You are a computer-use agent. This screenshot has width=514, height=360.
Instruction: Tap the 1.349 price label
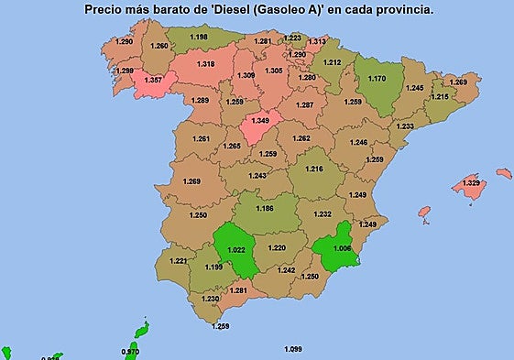pos(260,120)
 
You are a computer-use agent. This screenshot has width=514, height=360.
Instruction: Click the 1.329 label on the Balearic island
pos(471,183)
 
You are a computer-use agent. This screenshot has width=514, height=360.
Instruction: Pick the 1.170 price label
pos(377,79)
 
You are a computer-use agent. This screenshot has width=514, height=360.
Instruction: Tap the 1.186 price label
pos(265,209)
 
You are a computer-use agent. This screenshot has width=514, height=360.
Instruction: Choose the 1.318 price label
pos(206,64)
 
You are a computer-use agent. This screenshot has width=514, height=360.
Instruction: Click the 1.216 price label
pos(314,169)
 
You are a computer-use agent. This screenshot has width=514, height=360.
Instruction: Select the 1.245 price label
pos(414,88)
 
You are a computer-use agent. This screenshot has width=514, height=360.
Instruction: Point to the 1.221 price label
pos(179,261)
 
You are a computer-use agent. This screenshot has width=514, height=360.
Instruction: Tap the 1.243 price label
pos(257,176)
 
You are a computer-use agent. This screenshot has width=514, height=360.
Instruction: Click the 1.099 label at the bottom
pos(293,349)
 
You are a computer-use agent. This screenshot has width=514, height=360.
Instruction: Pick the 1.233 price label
pos(405,126)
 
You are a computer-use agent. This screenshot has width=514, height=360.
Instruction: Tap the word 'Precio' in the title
pos(105,8)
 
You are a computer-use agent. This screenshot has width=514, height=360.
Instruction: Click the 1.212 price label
pos(332,63)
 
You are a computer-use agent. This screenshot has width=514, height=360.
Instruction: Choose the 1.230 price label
pos(211,299)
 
